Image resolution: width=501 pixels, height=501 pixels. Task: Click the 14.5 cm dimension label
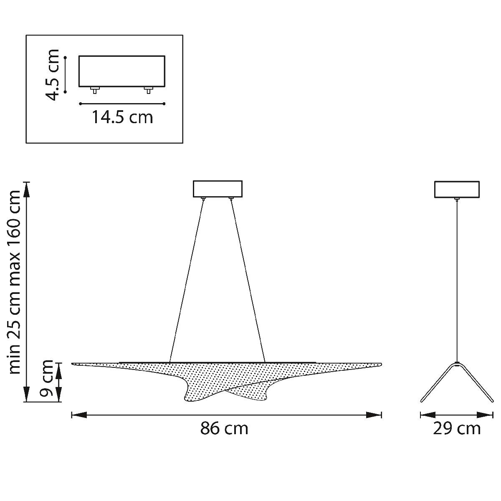[x=122, y=117]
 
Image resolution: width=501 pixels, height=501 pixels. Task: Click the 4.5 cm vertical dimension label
[x=53, y=75]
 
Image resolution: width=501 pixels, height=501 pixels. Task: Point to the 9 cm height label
[x=47, y=382]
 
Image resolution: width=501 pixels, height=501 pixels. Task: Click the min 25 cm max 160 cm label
[x=15, y=282]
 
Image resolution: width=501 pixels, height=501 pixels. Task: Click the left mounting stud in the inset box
[x=95, y=90]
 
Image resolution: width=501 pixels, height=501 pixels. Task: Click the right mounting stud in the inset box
[x=149, y=90]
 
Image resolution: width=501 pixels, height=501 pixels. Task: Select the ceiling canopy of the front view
[x=218, y=189]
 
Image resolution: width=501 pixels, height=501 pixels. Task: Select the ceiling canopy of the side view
[x=457, y=189]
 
